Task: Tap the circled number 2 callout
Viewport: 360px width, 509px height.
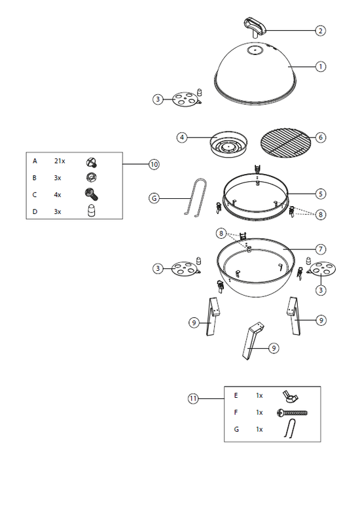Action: [x=320, y=31]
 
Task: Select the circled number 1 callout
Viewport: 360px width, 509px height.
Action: [x=320, y=67]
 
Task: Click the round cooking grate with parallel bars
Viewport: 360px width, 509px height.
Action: [x=285, y=141]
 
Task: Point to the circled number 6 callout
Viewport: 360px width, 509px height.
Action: [x=320, y=137]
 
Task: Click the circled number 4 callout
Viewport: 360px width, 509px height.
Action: [x=182, y=137]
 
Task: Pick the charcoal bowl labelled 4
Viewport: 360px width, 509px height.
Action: [x=228, y=144]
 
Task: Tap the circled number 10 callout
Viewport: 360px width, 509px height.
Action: [x=154, y=165]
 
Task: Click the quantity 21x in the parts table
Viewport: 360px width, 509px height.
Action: [x=60, y=161]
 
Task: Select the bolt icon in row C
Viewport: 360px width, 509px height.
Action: [x=91, y=194]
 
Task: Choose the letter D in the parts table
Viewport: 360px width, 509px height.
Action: [x=35, y=212]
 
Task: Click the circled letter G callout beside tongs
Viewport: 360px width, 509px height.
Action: [x=154, y=198]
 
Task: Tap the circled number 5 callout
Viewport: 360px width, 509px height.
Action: [x=320, y=194]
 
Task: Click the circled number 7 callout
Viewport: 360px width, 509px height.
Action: [x=320, y=249]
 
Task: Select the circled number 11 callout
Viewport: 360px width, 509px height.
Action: [x=193, y=398]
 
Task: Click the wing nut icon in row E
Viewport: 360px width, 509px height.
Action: [x=290, y=396]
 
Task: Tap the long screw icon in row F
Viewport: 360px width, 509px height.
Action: [x=292, y=413]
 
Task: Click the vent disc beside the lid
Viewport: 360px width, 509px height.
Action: [x=185, y=99]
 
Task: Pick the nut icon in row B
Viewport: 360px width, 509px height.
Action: [x=92, y=177]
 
